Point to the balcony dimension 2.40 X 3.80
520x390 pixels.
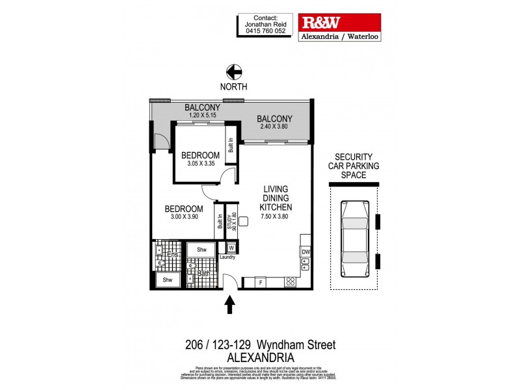pos(274,127)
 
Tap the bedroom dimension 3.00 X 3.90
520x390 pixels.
pos(183,218)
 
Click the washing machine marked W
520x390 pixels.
pos(231,247)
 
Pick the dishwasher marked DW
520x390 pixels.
pos(305,252)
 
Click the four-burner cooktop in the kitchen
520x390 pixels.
pos(291,282)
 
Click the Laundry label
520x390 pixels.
pos(227,257)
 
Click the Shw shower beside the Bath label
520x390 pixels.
pos(201,249)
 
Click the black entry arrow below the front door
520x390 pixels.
pos(229,304)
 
